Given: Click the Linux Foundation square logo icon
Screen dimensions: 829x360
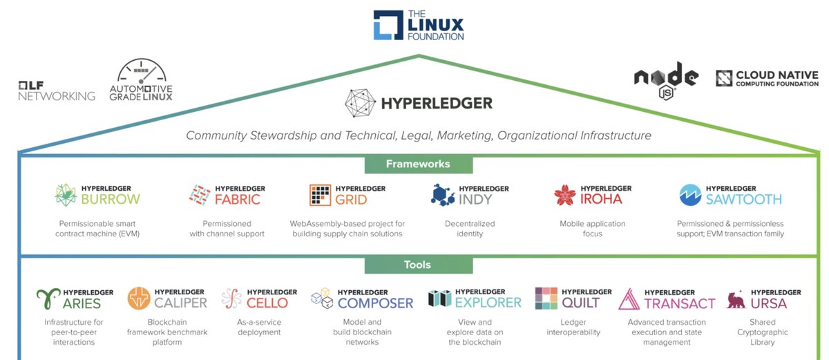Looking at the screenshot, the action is [x=387, y=24].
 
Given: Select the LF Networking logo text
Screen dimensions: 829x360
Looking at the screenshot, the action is [x=57, y=91].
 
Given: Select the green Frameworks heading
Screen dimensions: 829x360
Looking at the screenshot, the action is [x=418, y=164].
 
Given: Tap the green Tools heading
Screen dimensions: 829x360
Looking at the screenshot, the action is [x=418, y=265].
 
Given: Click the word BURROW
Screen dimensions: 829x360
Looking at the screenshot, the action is [x=110, y=200].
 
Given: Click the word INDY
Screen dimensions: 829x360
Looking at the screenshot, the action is [x=476, y=200].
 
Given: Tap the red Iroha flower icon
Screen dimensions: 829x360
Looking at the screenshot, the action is [x=564, y=196].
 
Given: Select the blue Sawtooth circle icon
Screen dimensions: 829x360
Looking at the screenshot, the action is [x=691, y=196].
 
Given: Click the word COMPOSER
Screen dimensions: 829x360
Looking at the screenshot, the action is [x=375, y=303].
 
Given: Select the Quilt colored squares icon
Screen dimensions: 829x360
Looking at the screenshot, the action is [x=547, y=299].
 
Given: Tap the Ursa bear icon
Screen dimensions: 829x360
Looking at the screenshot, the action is [x=736, y=299].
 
